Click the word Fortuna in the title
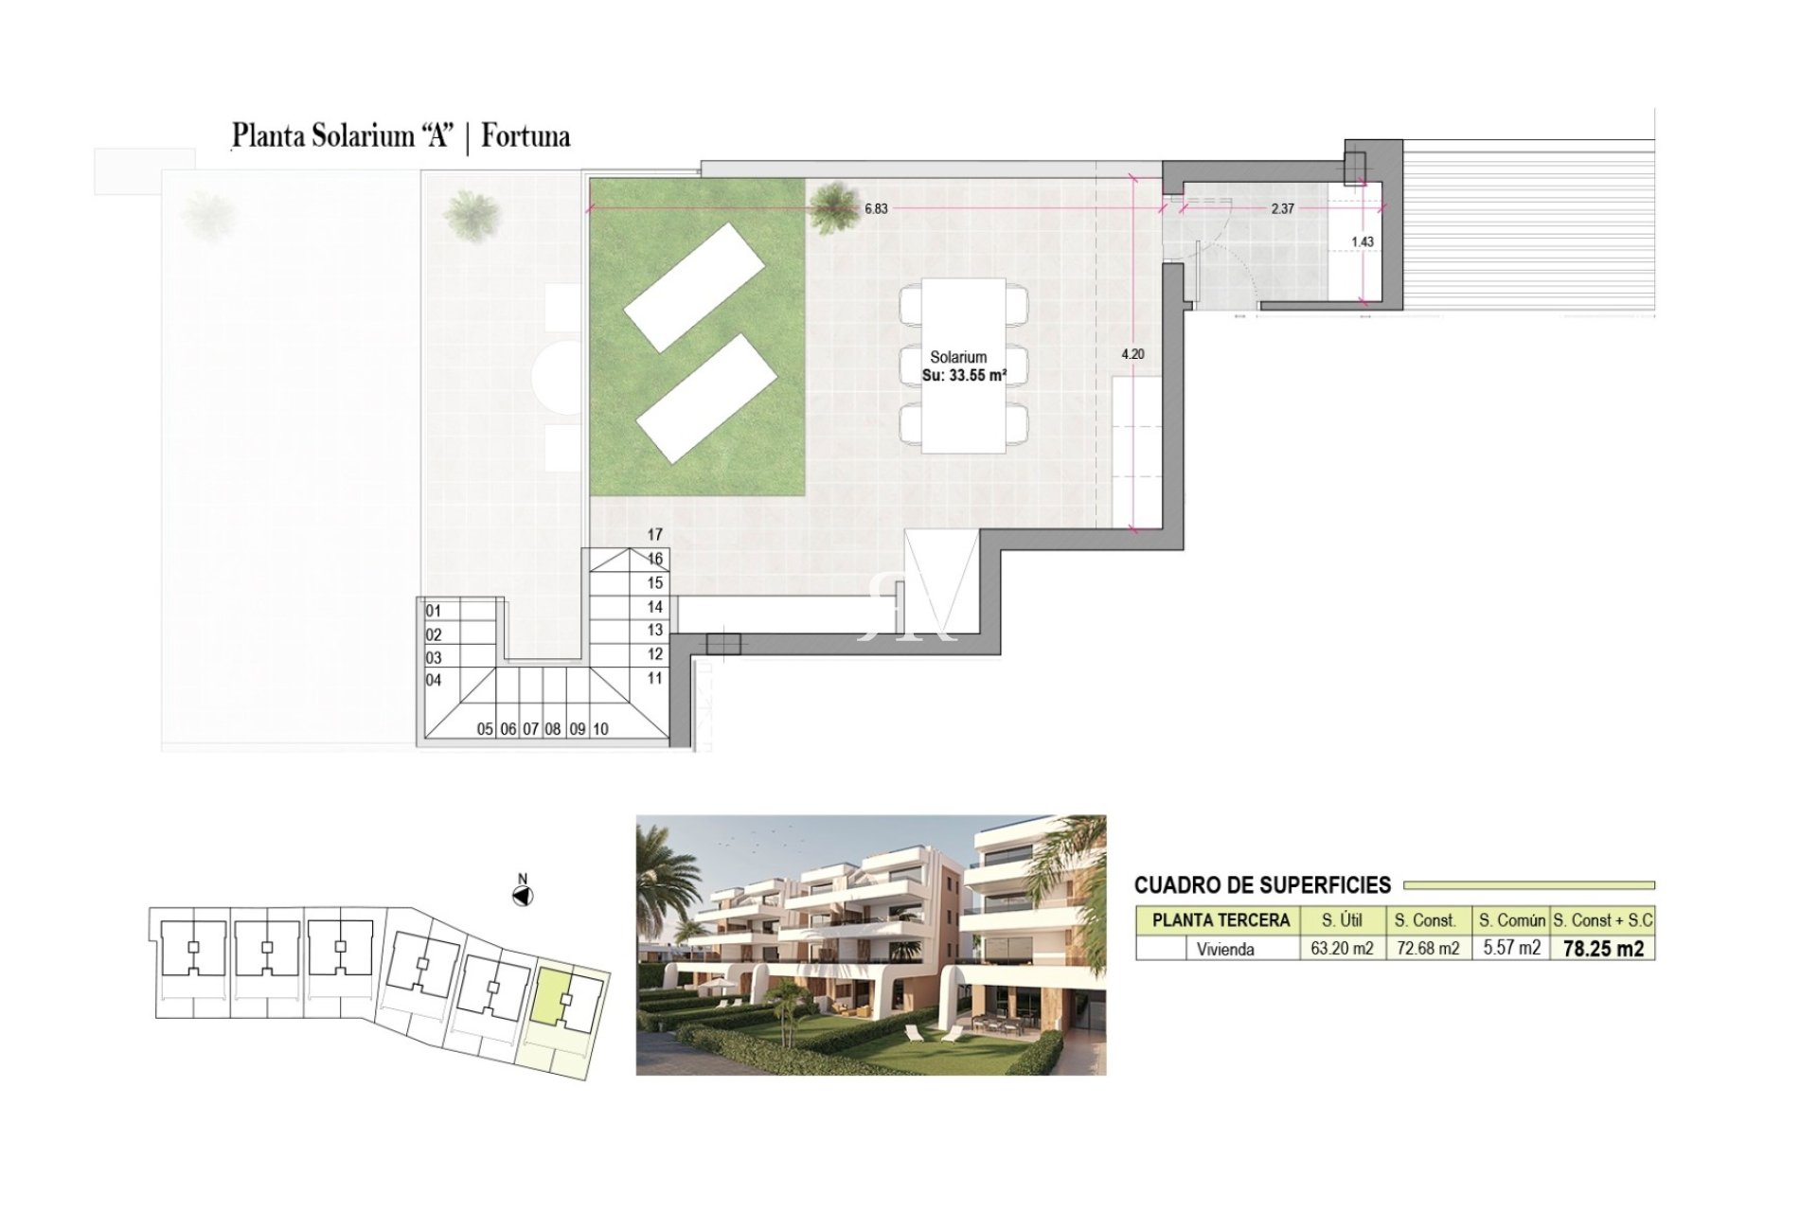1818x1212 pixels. pos(526,136)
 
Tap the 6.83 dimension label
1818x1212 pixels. pos(876,209)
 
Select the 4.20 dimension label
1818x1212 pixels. pos(1132,354)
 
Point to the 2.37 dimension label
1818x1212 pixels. pos(1282,209)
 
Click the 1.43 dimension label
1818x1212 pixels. pos(1363,242)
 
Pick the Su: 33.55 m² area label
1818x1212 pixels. pos(964,376)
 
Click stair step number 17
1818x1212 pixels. pos(655,535)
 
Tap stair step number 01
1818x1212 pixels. pos(434,612)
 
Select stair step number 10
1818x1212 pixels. pos(600,729)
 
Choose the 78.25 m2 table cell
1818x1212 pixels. pos(1603,949)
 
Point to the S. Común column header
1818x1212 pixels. pos(1512,920)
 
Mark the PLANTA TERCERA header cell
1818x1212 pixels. pos(1221,920)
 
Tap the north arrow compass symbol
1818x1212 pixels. pos(523,895)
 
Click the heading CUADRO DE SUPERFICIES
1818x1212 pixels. pos(1262,886)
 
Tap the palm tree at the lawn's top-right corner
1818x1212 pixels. pos(831,206)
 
